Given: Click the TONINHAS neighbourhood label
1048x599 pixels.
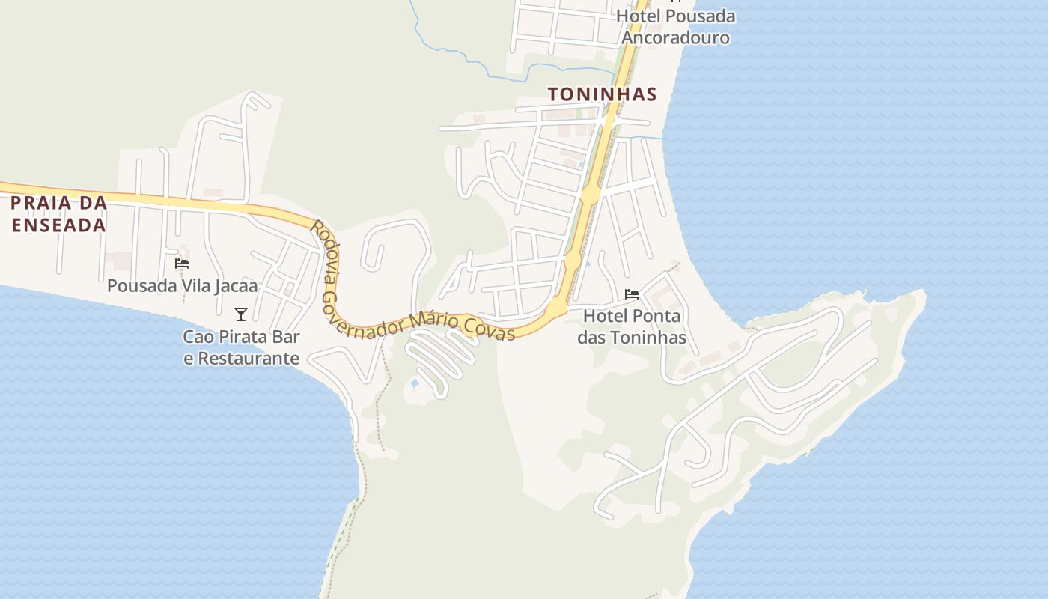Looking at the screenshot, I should point(603,94).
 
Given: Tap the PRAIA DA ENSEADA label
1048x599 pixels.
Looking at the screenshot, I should point(58,213).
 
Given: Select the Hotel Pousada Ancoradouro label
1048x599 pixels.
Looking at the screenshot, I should point(676,27).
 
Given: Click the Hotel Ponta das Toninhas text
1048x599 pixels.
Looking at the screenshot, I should point(632,326).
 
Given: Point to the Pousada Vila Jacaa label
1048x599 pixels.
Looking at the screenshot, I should point(182,285).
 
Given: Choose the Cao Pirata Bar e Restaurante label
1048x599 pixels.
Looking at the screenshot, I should point(241,347).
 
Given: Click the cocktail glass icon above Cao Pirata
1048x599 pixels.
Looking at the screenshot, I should point(241,314).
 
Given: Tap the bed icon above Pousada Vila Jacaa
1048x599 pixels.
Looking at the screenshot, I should point(182,264).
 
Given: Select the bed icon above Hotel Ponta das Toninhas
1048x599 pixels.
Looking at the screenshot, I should point(632,294).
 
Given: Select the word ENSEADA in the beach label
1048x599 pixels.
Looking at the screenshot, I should point(58,225).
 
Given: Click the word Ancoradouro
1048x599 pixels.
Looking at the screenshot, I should point(676,37).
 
